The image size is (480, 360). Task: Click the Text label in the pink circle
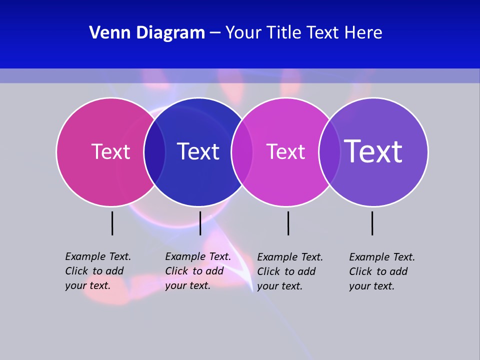tap(110, 151)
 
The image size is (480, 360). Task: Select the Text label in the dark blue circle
tap(198, 151)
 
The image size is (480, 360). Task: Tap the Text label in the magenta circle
tap(285, 151)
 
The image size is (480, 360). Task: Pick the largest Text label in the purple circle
tap(373, 151)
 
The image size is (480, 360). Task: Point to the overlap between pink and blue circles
tap(154, 152)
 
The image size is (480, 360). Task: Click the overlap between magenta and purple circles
tap(329, 152)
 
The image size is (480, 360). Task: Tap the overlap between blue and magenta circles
tap(242, 152)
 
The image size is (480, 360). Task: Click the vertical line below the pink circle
tap(112, 223)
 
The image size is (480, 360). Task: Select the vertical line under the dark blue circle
tap(200, 223)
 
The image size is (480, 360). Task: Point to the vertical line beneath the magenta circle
tap(288, 223)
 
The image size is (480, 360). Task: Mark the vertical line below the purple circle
tap(372, 223)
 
